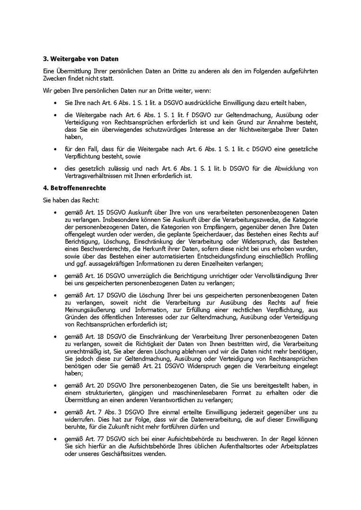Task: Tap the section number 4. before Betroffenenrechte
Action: (45, 188)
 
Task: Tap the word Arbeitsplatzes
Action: (297, 447)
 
